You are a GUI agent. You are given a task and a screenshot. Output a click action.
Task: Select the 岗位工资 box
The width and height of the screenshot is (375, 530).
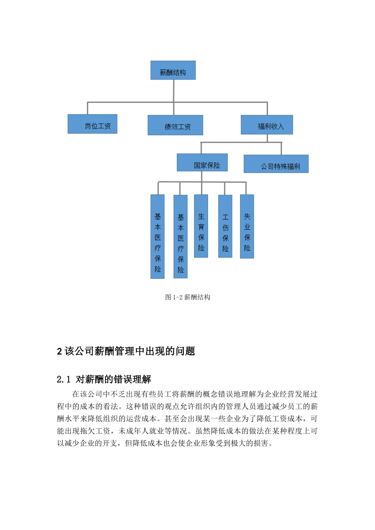tap(92, 124)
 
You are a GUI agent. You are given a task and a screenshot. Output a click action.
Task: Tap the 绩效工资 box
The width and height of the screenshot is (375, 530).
tap(175, 125)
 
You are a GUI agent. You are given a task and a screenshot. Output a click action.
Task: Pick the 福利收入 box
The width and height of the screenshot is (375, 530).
tap(267, 125)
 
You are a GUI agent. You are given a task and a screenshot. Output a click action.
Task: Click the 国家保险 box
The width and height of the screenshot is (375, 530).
tap(202, 162)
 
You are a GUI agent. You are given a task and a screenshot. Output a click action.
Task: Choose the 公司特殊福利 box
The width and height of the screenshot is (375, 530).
tap(276, 164)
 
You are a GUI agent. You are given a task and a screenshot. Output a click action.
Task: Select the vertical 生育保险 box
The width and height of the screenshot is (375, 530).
tap(201, 226)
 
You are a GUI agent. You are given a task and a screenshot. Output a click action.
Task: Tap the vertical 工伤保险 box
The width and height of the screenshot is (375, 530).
tap(225, 226)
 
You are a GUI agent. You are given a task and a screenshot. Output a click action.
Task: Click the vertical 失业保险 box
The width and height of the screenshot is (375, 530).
tap(247, 226)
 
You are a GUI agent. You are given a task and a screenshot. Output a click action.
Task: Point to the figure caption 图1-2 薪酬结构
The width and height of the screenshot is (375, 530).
tap(187, 297)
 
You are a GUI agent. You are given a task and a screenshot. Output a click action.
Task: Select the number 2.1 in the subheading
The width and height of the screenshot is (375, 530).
tap(63, 380)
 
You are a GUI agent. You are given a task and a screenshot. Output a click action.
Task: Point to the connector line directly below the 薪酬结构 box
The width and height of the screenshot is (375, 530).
tap(174, 91)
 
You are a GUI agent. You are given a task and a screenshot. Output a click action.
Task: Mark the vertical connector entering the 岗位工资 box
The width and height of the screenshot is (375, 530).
tap(88, 108)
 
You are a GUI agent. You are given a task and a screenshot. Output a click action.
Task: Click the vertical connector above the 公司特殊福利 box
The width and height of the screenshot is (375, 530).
tap(281, 149)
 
